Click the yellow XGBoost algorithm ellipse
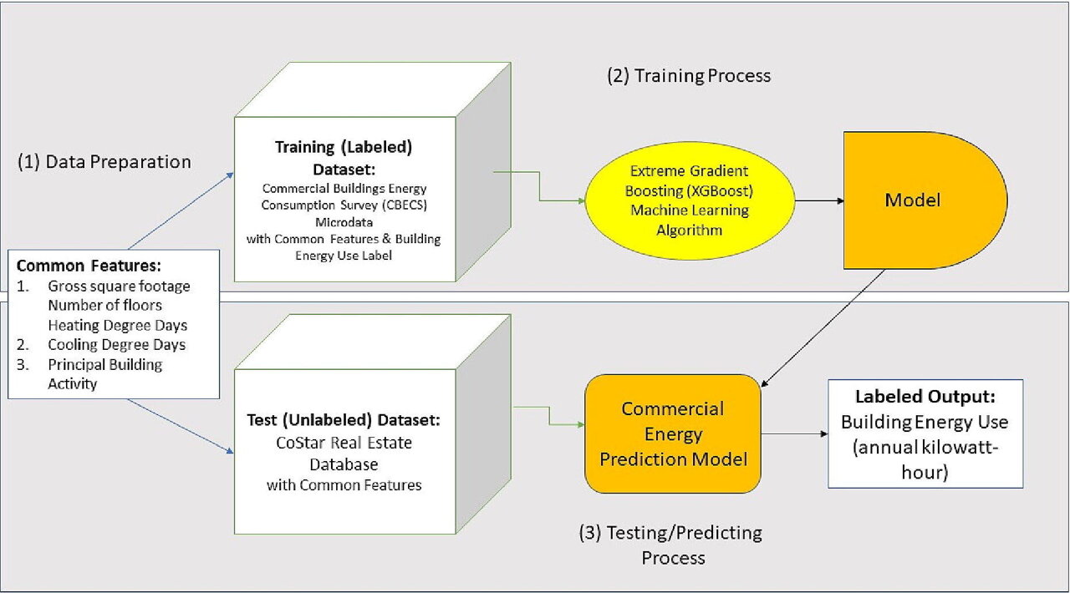pos(690,200)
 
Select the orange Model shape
pos(925,200)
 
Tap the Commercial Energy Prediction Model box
pos(673,433)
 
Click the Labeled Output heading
pos(925,396)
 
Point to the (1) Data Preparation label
pos(104,162)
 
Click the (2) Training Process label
pos(689,76)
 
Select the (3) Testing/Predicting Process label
pos(671,545)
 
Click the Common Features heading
pos(89,266)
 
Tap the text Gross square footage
pos(119,286)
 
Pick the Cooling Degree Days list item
pos(116,345)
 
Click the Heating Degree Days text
pos(118,325)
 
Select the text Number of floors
pos(104,305)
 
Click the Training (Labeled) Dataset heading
pos(344,158)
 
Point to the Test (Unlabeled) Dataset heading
pos(344,419)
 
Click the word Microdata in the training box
pos(344,222)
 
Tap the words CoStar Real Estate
pos(344,443)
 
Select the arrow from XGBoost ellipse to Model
pos(820,201)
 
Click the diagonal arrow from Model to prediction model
pos(823,328)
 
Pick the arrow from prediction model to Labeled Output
pos(794,434)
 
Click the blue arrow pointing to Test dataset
pos(181,426)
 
